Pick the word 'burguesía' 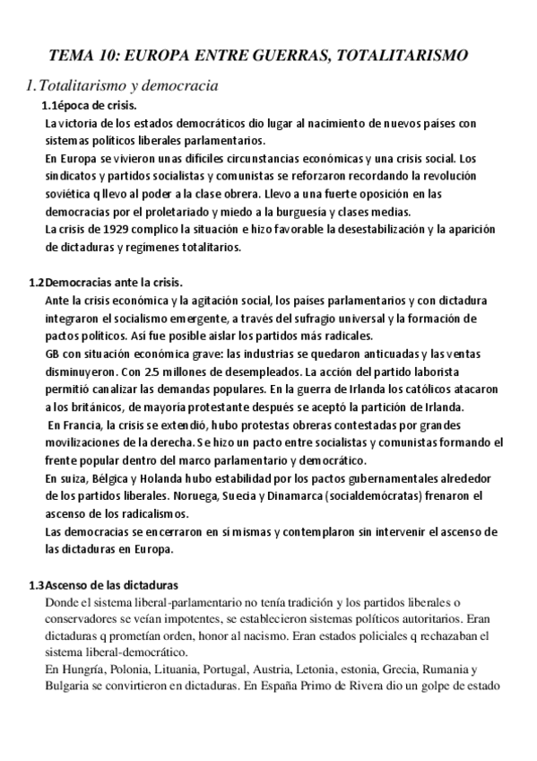click(x=338, y=212)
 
